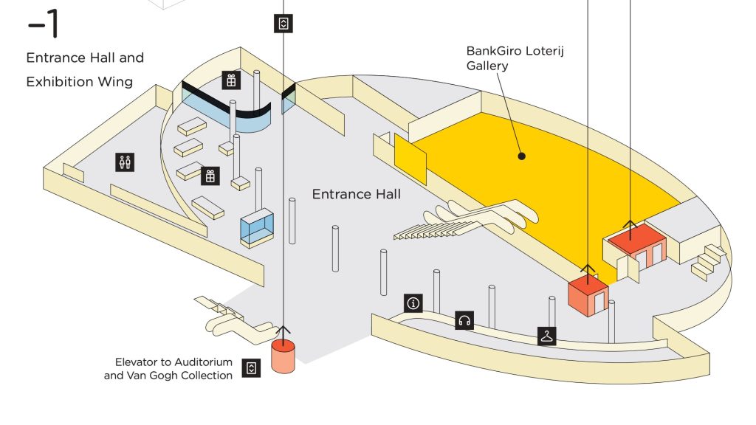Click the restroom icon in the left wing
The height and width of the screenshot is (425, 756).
point(125,162)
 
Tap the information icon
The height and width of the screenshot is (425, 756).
point(413,303)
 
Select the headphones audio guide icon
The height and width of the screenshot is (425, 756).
point(464,319)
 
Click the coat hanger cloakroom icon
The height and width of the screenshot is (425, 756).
point(546,336)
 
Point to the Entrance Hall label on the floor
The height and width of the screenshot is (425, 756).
point(356,194)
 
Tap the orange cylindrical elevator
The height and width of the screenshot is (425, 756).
point(283,356)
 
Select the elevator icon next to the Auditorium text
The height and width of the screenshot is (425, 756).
point(252,368)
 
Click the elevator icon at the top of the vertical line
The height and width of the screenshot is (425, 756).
point(283,23)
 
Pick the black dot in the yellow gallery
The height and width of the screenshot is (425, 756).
point(521,156)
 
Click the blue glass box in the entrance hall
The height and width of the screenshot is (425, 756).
point(258,227)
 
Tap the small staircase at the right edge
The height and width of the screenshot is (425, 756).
point(708,260)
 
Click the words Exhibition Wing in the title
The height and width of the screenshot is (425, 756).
point(80,81)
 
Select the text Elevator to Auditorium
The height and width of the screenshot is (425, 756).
point(173,362)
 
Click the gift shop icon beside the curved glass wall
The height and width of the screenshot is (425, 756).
point(231,80)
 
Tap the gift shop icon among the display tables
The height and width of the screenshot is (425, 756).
point(210,176)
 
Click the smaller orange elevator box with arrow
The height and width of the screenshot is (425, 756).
point(588,295)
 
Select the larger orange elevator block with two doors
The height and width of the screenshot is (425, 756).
point(636,247)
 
